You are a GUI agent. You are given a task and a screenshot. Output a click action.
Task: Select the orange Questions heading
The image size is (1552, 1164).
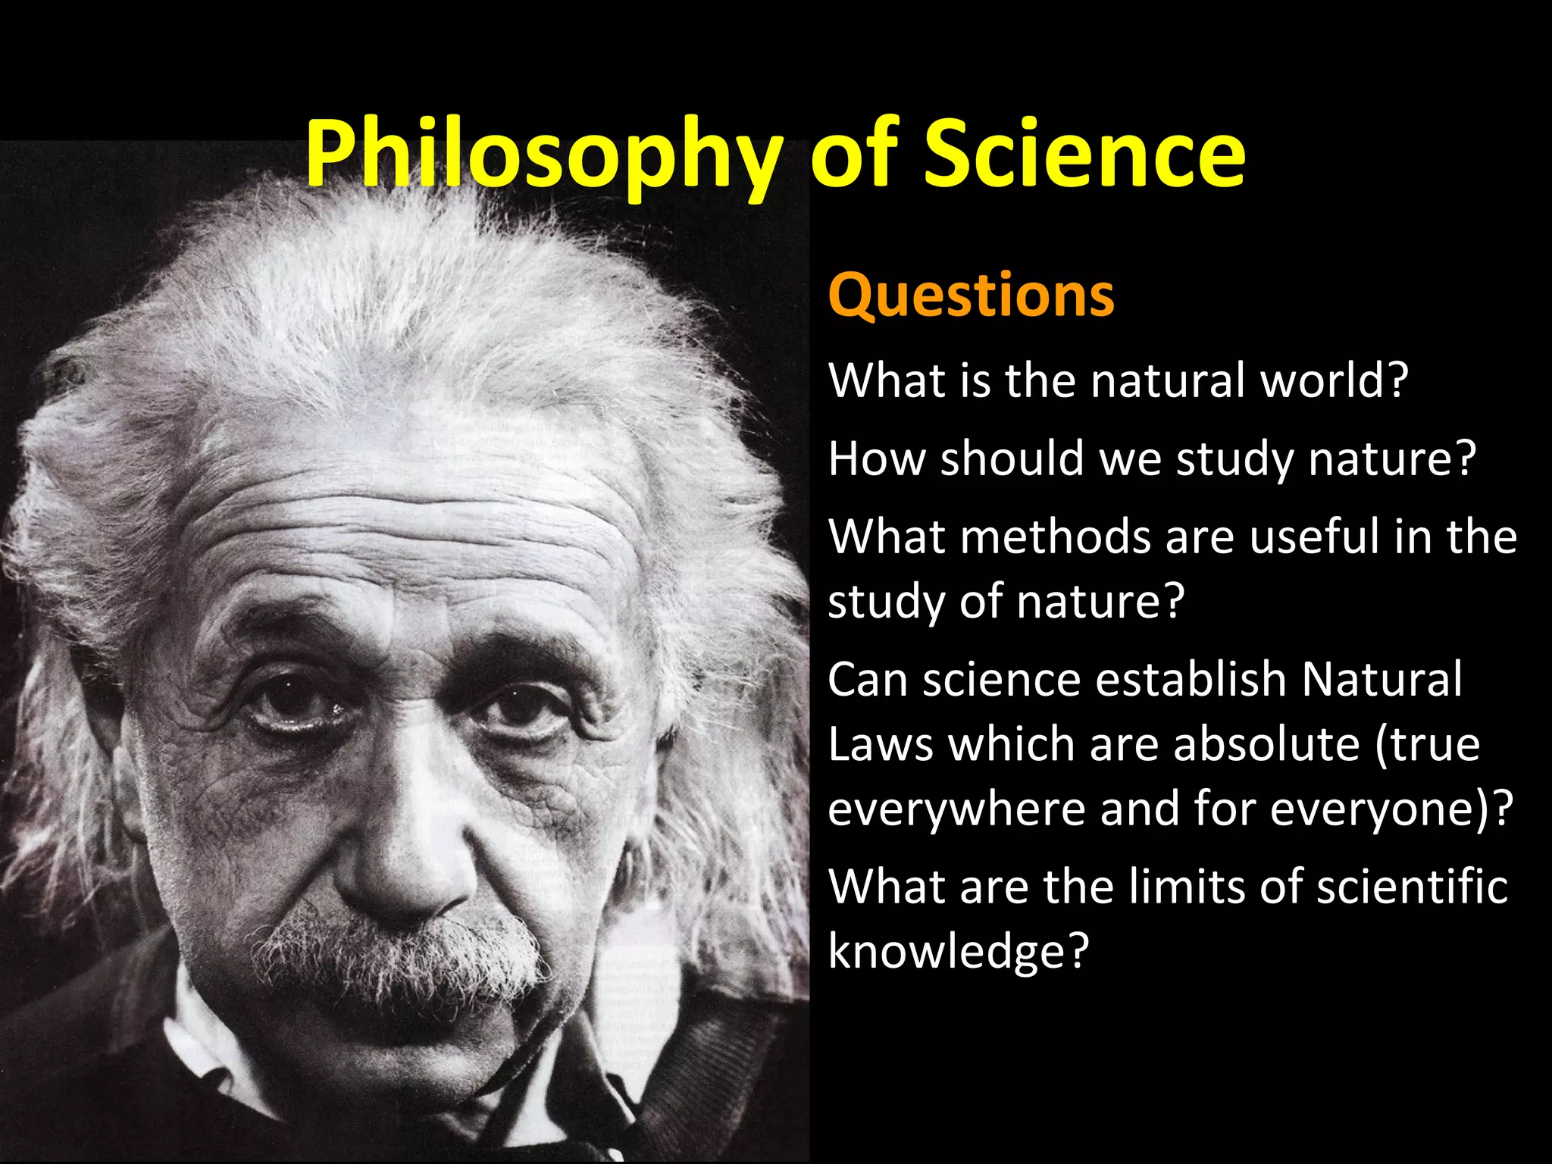pyautogui.click(x=971, y=295)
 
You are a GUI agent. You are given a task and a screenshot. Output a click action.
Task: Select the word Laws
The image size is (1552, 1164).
pyautogui.click(x=880, y=744)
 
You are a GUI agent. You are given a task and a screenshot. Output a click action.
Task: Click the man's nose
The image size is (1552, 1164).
pyautogui.click(x=402, y=856)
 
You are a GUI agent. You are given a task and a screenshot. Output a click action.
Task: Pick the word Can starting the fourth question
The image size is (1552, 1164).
pyautogui.click(x=868, y=679)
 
